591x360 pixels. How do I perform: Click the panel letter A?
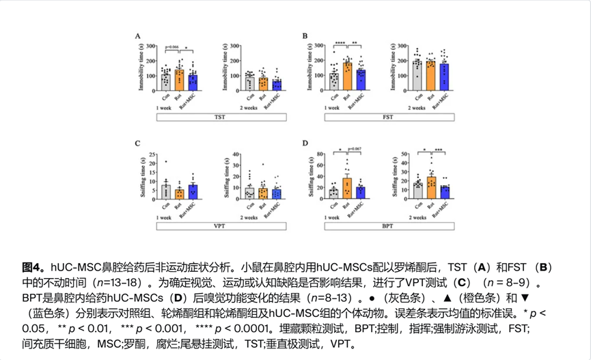click(139, 36)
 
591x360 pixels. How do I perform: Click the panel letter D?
click(307, 144)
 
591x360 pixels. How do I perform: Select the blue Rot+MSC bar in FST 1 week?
click(361, 79)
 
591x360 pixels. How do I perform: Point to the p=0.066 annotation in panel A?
click(172, 46)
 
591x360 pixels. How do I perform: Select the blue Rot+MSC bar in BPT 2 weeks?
click(445, 192)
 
